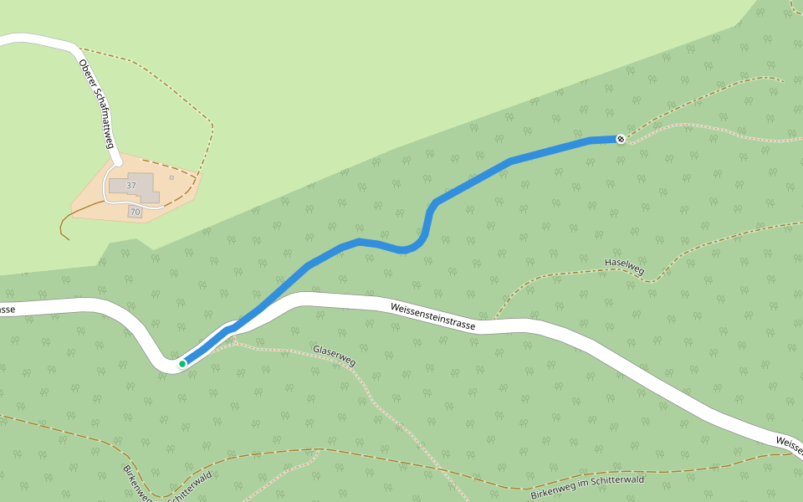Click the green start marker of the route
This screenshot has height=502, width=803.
(x=182, y=364)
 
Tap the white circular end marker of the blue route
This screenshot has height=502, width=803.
(x=621, y=139)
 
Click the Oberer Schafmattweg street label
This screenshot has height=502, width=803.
(x=96, y=104)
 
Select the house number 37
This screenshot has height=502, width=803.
(x=131, y=185)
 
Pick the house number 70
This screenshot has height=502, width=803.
(x=136, y=213)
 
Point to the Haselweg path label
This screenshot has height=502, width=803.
(x=624, y=268)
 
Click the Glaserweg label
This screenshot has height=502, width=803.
(x=335, y=356)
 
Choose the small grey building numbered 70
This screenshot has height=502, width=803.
(x=136, y=213)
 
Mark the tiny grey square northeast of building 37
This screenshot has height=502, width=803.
(x=171, y=177)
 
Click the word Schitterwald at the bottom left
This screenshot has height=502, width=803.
(x=190, y=487)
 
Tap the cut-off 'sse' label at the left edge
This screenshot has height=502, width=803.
(x=6, y=310)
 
